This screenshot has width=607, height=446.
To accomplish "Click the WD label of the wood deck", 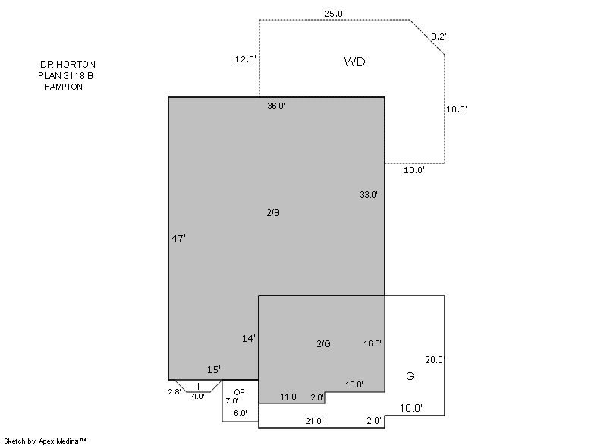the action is pos(354,62).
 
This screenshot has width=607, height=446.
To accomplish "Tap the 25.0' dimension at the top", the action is pos(335,14).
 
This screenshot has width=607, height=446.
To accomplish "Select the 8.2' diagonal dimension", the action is pos(439,36).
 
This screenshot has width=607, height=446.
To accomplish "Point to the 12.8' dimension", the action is pos(245,59).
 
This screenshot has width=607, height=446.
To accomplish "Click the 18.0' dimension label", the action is pos(457,109).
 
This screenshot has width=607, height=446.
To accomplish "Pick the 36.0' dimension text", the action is pos(276,106).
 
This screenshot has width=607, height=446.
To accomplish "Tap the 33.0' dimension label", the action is pos(369,195).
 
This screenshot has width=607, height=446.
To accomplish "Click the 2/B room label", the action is pos(273,212).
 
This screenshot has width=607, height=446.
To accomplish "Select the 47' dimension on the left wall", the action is pos(178,238).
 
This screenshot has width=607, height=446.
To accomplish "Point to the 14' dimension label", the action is pos(249,339).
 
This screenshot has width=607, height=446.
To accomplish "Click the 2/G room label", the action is pos(324,343).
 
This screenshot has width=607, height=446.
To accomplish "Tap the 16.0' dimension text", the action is pos(373,343).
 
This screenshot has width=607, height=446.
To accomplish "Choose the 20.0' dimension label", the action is pos(434,360).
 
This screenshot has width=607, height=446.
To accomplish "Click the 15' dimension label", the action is pos(214,370).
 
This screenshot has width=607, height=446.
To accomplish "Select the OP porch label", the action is pos(239,392).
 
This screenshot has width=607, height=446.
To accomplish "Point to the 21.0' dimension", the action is pos(314,421).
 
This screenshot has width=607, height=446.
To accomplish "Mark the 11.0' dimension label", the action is pos(289,397).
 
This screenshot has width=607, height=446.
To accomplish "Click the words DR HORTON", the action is pos(68,65).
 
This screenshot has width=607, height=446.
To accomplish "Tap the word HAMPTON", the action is pos(63,87).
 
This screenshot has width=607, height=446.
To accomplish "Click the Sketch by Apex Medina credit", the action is pos(45,441).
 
